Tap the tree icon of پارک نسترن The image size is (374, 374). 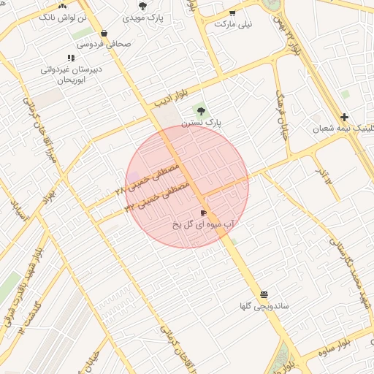point(200,111)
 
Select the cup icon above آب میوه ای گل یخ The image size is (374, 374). point(203,213)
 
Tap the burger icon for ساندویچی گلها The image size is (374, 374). point(263,294)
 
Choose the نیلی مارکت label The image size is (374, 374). point(234,24)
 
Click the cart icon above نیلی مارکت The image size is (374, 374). point(232,12)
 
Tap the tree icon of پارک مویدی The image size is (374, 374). point(142,6)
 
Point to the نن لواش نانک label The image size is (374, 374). point(62,15)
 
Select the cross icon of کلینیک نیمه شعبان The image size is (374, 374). point(344,117)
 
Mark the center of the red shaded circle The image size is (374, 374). point(187,186)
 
